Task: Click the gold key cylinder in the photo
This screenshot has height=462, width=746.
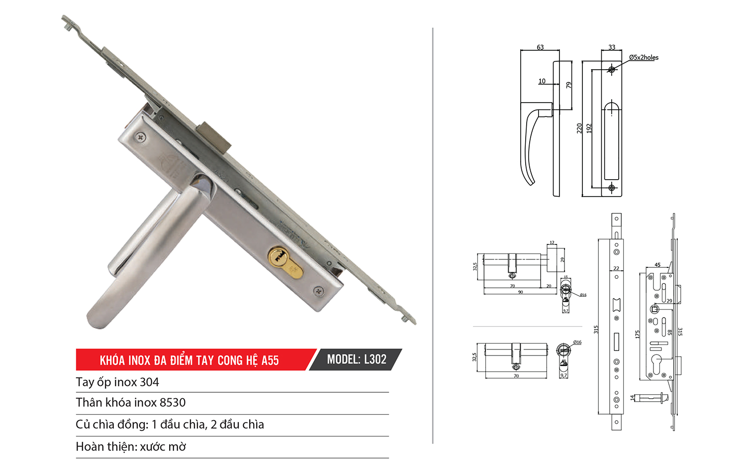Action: [x=285, y=262]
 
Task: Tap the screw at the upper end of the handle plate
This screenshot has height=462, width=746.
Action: [x=142, y=136]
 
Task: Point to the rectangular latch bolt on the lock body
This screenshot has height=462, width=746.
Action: [x=215, y=137]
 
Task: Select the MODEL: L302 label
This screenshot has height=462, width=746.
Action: [x=356, y=359]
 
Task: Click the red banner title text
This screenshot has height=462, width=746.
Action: [x=189, y=360]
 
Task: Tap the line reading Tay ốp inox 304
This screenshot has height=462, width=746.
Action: [x=117, y=382]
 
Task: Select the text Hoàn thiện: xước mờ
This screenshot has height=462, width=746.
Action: [x=131, y=447]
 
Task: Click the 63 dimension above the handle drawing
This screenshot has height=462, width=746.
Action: [x=540, y=47]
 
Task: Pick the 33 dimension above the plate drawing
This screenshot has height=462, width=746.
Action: [x=612, y=47]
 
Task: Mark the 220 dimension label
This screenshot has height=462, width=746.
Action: [x=579, y=128]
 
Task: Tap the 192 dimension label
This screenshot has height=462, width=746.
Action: [x=589, y=128]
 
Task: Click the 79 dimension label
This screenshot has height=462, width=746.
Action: [x=568, y=85]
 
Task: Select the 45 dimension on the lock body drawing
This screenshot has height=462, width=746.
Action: [x=657, y=265]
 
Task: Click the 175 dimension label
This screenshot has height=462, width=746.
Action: [x=638, y=335]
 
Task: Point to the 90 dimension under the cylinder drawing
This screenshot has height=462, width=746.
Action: [x=520, y=292]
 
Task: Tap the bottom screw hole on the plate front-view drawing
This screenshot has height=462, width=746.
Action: [x=612, y=188]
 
